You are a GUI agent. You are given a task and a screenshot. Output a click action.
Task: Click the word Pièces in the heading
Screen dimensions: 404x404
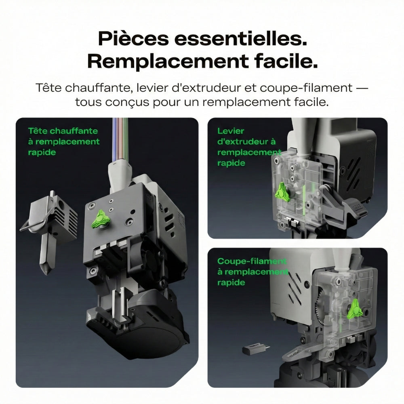pyautogui.click(x=133, y=39)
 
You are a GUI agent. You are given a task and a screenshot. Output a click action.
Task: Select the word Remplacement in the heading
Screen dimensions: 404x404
pyautogui.click(x=168, y=62)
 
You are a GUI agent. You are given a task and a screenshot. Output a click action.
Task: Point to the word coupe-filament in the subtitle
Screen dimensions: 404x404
pyautogui.click(x=306, y=88)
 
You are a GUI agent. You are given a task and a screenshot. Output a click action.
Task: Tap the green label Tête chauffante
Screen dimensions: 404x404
pyautogui.click(x=63, y=131)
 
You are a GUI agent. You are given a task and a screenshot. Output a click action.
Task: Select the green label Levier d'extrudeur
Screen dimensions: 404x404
pyautogui.click(x=246, y=136)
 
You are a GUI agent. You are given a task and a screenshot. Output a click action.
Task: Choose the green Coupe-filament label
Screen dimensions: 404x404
pyautogui.click(x=252, y=261)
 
